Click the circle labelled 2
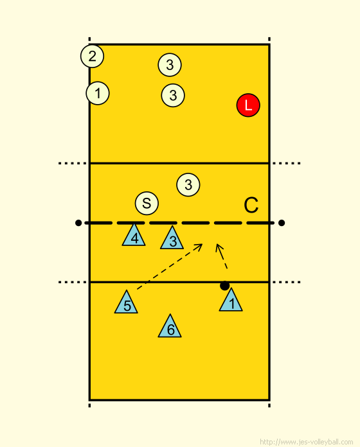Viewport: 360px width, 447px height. point(92,56)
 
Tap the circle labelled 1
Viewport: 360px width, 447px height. point(98,93)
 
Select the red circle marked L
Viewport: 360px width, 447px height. point(248,105)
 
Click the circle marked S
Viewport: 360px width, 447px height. point(147,203)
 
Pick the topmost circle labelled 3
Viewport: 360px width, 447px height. point(170,65)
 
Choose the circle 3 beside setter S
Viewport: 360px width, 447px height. point(188,185)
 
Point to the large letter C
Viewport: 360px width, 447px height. point(251,205)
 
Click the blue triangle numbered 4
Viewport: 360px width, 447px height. point(134,236)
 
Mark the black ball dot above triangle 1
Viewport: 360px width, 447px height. point(225,286)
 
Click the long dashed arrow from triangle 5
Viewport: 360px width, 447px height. point(170,267)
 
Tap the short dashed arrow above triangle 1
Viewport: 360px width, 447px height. point(221,256)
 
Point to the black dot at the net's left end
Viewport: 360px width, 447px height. point(78,223)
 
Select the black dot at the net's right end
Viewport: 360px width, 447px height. point(282,223)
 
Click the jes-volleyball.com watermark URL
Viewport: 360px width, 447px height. point(307,442)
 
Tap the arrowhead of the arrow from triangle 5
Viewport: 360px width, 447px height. point(200,246)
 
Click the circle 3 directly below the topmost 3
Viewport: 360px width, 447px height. point(173,95)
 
